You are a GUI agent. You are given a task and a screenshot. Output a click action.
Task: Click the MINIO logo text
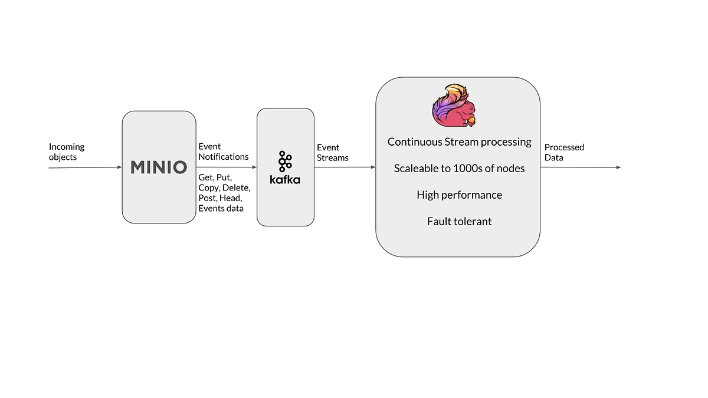(159, 167)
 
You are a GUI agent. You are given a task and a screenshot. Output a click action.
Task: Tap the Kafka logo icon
(286, 161)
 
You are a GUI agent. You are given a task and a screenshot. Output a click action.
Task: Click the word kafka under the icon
(285, 179)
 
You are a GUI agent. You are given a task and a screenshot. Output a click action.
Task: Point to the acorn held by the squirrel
(472, 121)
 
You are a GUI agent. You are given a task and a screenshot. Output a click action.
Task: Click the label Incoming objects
(66, 152)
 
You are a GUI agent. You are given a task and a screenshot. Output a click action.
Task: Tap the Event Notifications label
(223, 152)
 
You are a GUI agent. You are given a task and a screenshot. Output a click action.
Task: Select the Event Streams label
(333, 152)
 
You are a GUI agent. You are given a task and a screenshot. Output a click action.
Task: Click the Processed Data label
(564, 152)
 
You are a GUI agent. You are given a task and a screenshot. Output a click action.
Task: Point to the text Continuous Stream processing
(459, 142)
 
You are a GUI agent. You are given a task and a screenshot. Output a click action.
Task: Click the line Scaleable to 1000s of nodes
(459, 169)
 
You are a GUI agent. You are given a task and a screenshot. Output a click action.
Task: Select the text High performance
(459, 195)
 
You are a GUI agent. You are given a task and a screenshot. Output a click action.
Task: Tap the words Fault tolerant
(459, 222)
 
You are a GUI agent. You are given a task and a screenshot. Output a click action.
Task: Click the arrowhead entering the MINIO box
(119, 167)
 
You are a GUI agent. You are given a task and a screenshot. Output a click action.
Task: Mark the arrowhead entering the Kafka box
(254, 167)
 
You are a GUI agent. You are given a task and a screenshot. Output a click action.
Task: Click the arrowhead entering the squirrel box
(372, 167)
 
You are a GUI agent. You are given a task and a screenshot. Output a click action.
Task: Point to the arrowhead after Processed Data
(618, 167)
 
